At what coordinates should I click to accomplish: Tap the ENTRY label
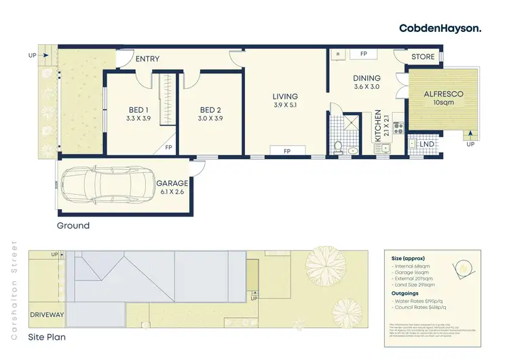point(147,59)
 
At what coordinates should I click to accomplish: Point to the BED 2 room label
point(211,110)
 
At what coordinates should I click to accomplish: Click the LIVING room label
point(285,96)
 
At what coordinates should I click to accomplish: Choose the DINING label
point(367,78)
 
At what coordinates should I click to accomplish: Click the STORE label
point(423,57)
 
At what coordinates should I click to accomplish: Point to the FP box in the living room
point(286,150)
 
